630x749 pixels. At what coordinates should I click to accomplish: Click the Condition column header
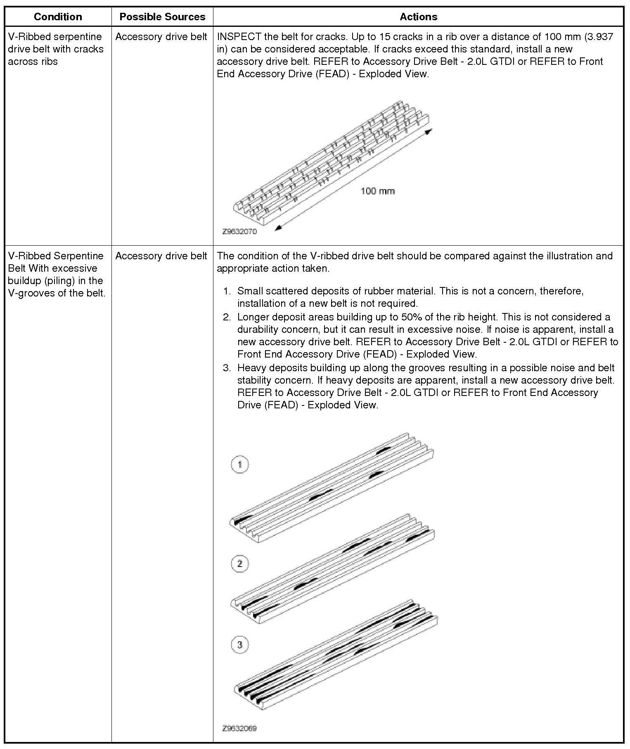click(x=58, y=17)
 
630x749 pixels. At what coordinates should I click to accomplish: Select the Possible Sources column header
click(x=162, y=17)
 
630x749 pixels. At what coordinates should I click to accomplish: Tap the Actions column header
click(x=418, y=17)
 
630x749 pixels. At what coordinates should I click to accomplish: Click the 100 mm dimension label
click(x=377, y=191)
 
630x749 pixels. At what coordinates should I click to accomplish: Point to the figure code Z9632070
click(x=239, y=232)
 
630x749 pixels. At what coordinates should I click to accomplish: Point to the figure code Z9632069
click(x=239, y=728)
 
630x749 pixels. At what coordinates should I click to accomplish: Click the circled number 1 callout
click(x=240, y=465)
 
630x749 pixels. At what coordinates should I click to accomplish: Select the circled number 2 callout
click(x=240, y=564)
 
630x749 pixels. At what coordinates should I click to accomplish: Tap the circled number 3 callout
click(x=240, y=645)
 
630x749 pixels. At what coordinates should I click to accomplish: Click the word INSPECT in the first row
click(x=239, y=37)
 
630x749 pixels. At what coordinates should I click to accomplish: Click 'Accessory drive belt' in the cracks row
click(x=161, y=37)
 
